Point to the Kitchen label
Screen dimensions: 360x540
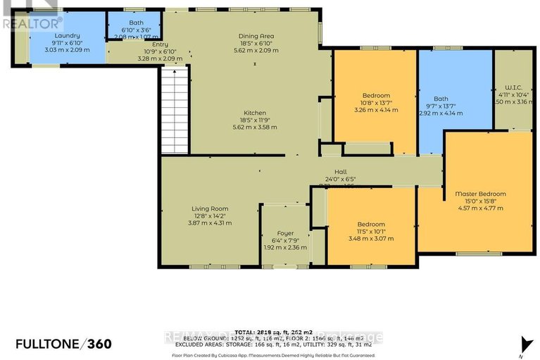[x=254, y=113]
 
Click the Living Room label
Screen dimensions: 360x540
[x=210, y=208]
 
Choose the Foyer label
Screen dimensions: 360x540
[x=285, y=232]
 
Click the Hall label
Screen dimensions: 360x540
[x=341, y=171]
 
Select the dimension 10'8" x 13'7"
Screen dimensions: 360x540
[x=376, y=102]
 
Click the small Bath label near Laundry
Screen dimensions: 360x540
[x=136, y=23]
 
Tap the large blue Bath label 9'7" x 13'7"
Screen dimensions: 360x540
[x=441, y=98]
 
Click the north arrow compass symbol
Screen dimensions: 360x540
[x=522, y=344]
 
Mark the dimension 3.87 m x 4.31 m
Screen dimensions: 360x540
[x=210, y=223]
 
